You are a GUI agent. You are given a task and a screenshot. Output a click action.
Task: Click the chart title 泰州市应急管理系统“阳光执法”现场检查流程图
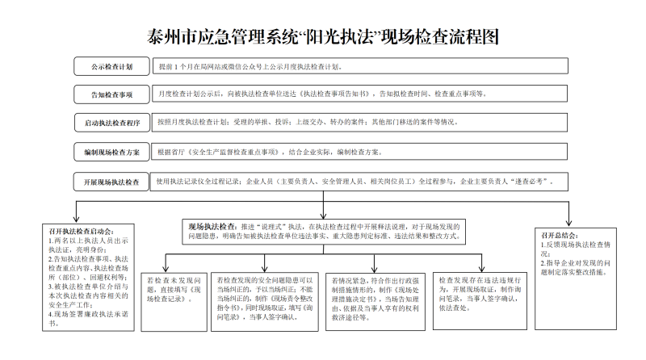tap(322, 36)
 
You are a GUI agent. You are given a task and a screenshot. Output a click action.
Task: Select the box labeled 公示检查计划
tap(111, 66)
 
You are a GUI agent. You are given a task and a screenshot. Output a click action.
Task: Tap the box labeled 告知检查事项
tap(111, 94)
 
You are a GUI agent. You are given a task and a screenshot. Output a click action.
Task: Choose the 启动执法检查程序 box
tap(112, 123)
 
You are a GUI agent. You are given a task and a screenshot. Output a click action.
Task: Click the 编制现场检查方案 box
tap(111, 152)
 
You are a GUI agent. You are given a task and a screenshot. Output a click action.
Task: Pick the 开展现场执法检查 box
tap(111, 182)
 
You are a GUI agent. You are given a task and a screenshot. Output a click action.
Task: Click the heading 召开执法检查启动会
tap(82, 232)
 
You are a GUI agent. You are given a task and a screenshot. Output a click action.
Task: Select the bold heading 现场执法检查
tap(212, 227)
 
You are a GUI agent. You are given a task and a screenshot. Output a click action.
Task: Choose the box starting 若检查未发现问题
tap(174, 302)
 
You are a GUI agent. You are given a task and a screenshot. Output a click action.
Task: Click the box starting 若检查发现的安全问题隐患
tap(265, 302)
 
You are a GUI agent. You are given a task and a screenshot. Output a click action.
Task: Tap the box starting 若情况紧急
tap(375, 302)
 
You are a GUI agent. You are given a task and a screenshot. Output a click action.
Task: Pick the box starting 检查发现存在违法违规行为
tap(480, 301)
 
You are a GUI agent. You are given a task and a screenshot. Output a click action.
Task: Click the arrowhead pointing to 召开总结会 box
tap(569, 223)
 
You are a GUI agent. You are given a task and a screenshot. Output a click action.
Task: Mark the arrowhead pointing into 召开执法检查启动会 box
tap(76, 218)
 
